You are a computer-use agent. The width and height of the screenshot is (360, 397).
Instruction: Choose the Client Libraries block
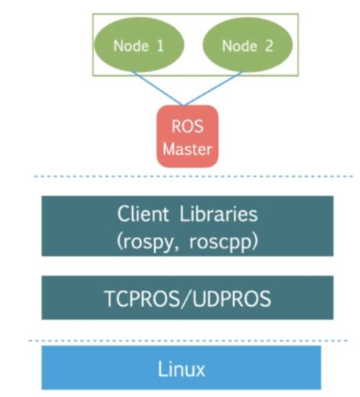click(x=187, y=226)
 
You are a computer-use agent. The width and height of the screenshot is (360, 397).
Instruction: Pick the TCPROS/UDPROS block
click(x=187, y=298)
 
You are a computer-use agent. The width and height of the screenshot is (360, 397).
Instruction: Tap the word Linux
click(x=182, y=370)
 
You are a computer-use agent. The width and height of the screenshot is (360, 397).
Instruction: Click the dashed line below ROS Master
click(x=187, y=177)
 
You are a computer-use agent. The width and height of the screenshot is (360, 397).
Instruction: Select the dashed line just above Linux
click(x=187, y=341)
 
